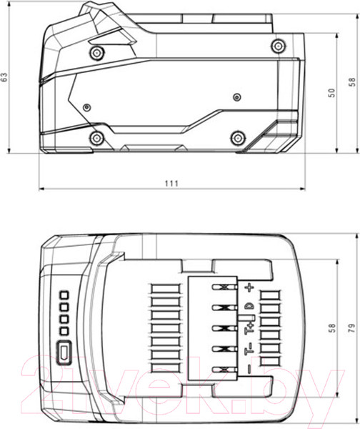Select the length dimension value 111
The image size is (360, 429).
171,183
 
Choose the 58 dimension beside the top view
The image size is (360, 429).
331,327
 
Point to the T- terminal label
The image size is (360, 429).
249,350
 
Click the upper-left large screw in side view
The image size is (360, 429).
96,52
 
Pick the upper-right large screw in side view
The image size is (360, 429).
277,46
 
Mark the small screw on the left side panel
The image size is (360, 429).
86,107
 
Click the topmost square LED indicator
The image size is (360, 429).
63,295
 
